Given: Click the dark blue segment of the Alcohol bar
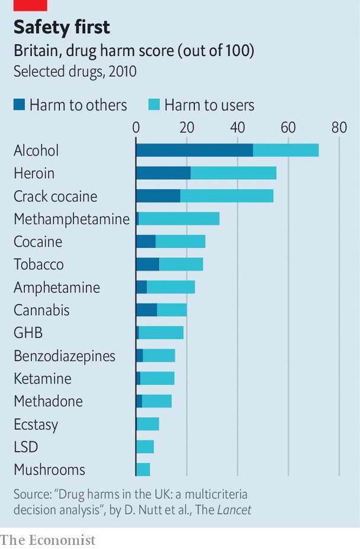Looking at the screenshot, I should point(194,150).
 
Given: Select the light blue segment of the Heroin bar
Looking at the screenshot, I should point(233,173).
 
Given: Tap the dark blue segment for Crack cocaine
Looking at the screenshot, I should point(158,196).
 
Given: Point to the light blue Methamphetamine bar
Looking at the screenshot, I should point(179,219).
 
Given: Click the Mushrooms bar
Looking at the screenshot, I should point(143,470).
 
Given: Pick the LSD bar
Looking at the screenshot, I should point(145,447).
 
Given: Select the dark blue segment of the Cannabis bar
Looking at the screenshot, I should point(147,310).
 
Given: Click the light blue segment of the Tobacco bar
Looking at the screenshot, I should point(181,264).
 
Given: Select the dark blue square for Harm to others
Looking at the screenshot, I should point(19,105).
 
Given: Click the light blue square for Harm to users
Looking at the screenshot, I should point(154,105).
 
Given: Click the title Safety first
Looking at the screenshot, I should point(62,27).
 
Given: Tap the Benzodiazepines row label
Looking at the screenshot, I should point(65,356).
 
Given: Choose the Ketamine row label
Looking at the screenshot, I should point(42,379).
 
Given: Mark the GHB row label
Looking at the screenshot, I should point(28,333).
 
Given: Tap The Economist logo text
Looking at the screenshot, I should point(47,540).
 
